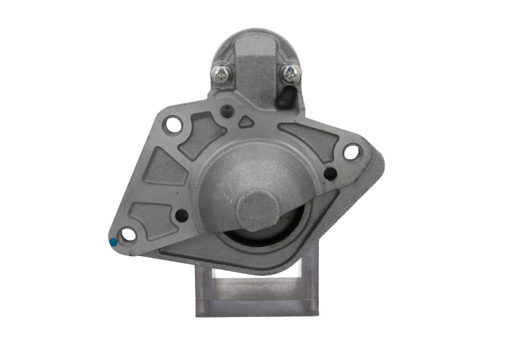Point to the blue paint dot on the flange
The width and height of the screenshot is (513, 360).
114,243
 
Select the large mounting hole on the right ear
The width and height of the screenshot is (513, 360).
351,153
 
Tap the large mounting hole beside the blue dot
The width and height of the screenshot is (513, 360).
130,235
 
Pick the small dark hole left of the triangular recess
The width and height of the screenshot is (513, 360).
225,113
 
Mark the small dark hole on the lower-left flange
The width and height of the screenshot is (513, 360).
181,216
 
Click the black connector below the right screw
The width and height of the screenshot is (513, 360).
287,97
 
